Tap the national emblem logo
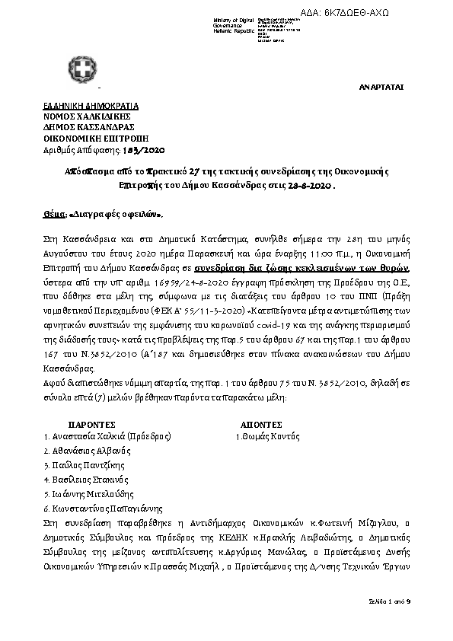[81, 65]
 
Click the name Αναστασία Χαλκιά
[93, 436]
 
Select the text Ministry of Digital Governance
[235, 23]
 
